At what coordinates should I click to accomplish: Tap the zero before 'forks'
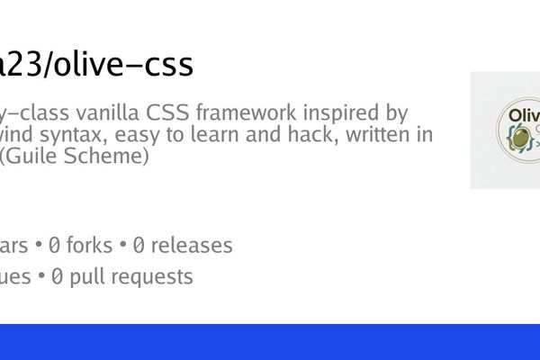56,246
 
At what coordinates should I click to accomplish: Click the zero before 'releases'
139,246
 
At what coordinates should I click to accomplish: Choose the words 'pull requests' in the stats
131,277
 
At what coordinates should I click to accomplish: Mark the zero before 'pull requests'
57,277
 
